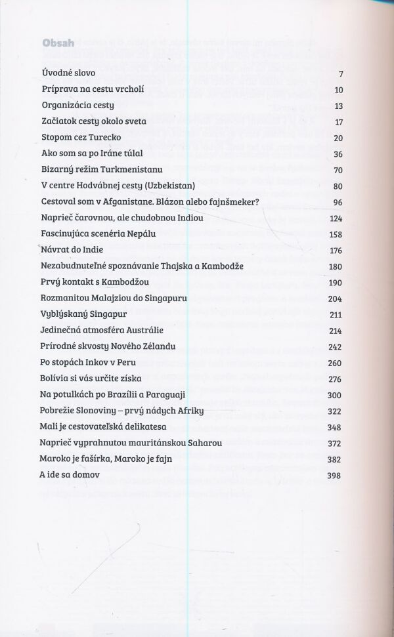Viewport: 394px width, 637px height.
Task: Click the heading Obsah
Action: tap(58, 43)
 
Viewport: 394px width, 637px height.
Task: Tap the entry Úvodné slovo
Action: tap(68, 73)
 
